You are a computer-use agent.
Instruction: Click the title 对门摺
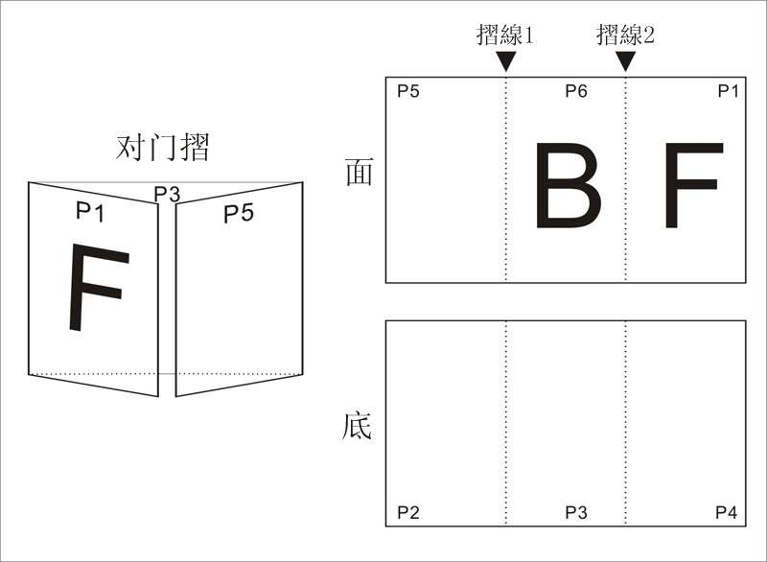point(162,147)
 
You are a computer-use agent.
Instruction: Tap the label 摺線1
point(505,35)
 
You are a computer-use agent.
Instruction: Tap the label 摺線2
point(625,35)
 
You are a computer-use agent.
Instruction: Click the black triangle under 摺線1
point(506,62)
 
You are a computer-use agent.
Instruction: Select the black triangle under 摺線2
point(625,62)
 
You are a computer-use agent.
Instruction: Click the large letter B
point(569,185)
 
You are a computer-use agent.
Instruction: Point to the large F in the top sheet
point(693,185)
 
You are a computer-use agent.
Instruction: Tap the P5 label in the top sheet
point(408,91)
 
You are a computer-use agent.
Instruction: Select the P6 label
point(576,91)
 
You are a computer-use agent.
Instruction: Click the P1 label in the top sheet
point(728,91)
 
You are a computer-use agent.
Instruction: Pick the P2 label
point(408,512)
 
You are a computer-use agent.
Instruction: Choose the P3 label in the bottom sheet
point(576,512)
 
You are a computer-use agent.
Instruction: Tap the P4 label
point(726,512)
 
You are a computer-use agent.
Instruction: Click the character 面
point(360,172)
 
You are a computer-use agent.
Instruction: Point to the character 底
point(357,427)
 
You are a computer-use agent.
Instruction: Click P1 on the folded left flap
point(90,212)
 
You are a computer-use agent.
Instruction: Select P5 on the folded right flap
point(239,213)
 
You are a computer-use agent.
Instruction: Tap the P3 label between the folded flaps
point(167,194)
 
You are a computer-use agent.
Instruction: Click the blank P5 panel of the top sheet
point(446,180)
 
